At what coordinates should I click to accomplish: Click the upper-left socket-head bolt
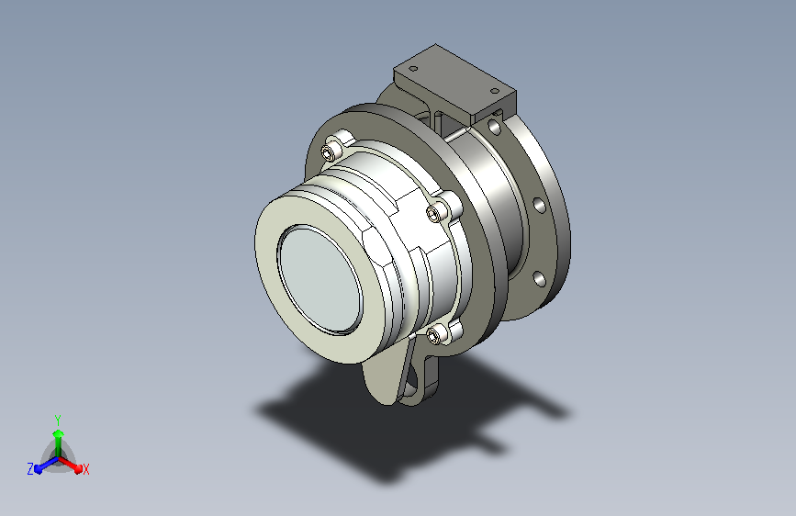tap(331, 151)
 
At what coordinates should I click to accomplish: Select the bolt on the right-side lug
tap(435, 213)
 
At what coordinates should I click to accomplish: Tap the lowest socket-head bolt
tap(435, 334)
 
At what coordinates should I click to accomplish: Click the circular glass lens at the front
tap(320, 279)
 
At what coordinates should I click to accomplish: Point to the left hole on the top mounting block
tap(413, 68)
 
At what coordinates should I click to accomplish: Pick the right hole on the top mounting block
tap(495, 92)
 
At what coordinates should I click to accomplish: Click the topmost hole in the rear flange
tap(494, 127)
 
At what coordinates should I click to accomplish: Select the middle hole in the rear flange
tap(539, 205)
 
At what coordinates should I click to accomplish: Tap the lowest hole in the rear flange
tap(539, 278)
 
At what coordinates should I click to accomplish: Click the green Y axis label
tap(58, 420)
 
